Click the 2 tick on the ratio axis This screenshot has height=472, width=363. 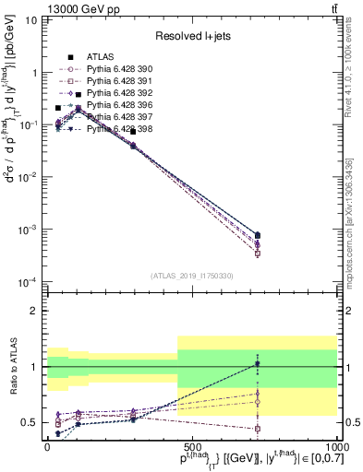(36, 311)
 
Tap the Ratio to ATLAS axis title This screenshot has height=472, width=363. (12, 367)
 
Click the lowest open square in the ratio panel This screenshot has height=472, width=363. (258, 429)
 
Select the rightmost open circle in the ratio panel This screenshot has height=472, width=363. (258, 402)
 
